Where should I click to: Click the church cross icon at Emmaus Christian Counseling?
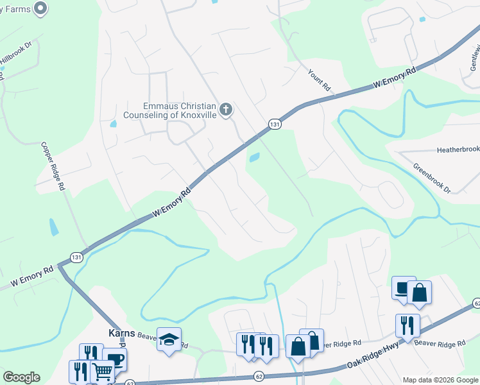pos(225,110)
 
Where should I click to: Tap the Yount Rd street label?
pos(318,80)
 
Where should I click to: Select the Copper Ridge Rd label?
pos(53,166)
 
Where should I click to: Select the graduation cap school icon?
pos(169,339)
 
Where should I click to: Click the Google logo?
pos(21,377)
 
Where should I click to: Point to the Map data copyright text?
pos(440,380)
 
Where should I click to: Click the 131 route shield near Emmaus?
pos(274,124)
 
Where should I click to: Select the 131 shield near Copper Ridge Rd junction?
pos(76,257)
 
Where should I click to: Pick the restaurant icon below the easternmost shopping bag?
pos(407,325)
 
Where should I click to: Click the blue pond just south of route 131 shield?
pos(254,157)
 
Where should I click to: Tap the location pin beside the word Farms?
pos(40,8)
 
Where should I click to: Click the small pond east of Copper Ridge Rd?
pos(53,227)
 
